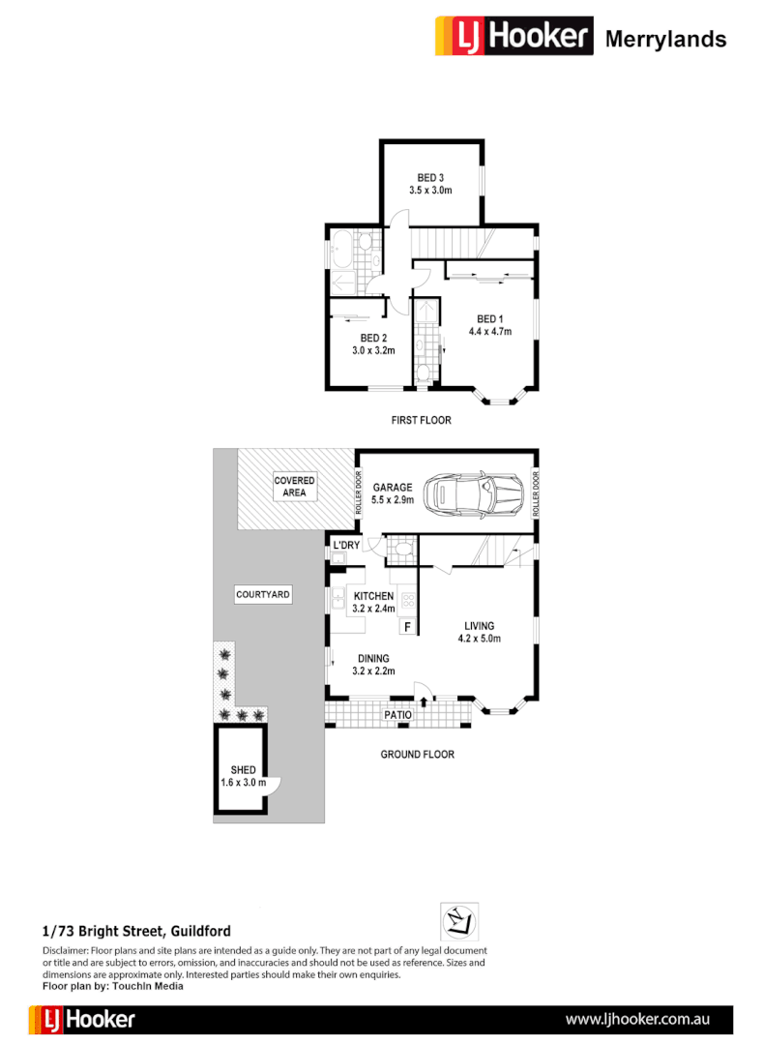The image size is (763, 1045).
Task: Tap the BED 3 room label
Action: click(x=430, y=177)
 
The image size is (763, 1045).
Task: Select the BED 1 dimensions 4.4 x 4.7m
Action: click(x=489, y=332)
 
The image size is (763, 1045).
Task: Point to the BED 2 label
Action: click(x=373, y=338)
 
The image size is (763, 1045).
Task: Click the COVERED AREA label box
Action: click(x=294, y=487)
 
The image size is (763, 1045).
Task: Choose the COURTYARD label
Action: click(x=263, y=595)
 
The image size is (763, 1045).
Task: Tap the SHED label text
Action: click(x=243, y=770)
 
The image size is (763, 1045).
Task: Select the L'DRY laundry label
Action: click(x=345, y=547)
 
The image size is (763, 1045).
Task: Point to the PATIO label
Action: click(x=397, y=716)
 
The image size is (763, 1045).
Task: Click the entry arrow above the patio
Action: click(x=424, y=690)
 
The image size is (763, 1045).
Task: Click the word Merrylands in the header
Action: click(x=665, y=39)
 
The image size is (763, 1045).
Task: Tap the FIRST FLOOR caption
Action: click(x=421, y=420)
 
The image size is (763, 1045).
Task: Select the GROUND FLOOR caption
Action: click(x=417, y=754)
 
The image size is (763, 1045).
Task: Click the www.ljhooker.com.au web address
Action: click(x=638, y=1019)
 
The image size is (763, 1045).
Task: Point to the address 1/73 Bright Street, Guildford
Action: click(x=136, y=932)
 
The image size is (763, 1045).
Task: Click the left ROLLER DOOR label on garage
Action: click(x=358, y=493)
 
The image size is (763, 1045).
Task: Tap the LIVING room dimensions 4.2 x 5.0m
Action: click(x=479, y=639)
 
